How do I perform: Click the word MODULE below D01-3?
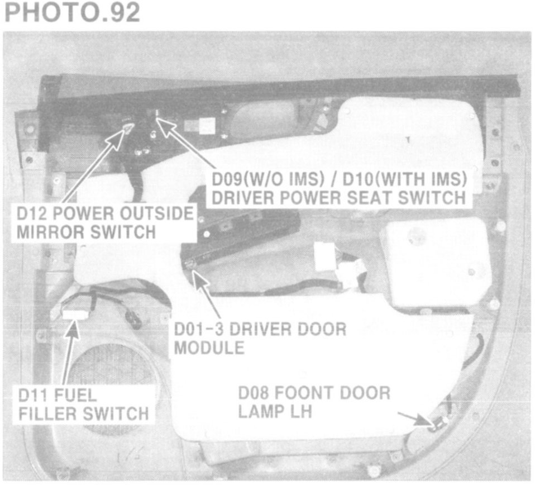coord(209,348)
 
